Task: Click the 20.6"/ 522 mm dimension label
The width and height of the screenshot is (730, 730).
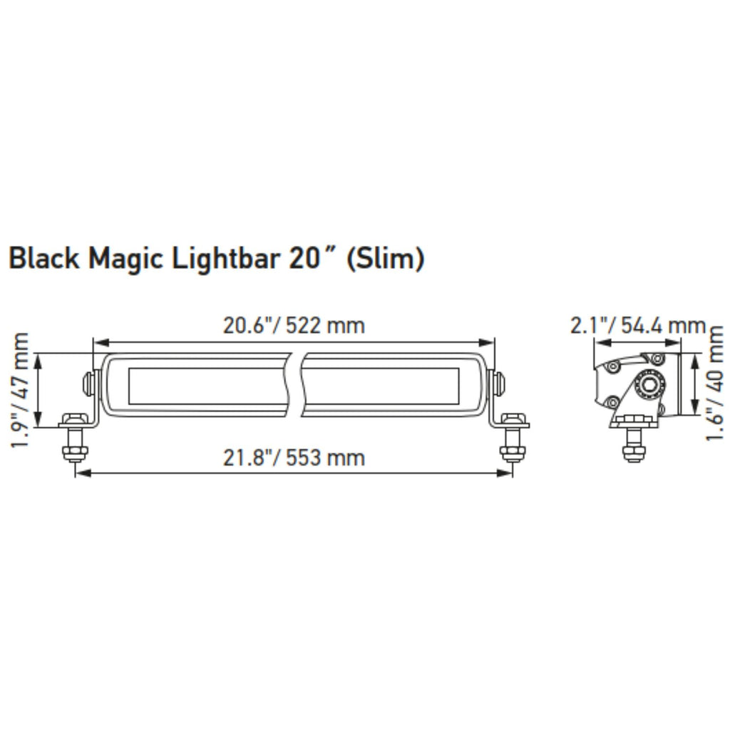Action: coord(293,326)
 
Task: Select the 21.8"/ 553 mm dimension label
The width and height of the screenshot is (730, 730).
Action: coord(293,457)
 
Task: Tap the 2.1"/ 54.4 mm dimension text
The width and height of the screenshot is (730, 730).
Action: coord(637,326)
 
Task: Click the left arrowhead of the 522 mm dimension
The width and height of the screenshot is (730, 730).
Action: coord(98,342)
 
